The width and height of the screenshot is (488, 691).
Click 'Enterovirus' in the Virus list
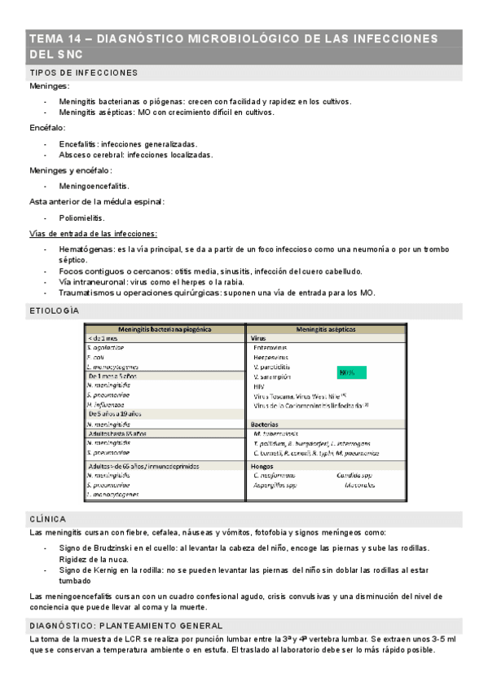[x=275, y=347]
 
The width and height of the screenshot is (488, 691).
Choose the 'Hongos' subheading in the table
[x=262, y=465]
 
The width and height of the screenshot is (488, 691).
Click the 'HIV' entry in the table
[x=260, y=386]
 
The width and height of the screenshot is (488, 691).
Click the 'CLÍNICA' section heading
[x=47, y=518]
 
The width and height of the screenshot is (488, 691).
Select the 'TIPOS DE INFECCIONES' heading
[x=83, y=73]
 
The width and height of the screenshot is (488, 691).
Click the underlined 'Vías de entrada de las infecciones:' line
[x=93, y=233]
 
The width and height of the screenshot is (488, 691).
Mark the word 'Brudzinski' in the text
[x=117, y=548]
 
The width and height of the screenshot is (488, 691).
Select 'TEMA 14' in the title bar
[x=55, y=38]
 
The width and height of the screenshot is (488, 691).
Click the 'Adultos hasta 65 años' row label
[x=117, y=434]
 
